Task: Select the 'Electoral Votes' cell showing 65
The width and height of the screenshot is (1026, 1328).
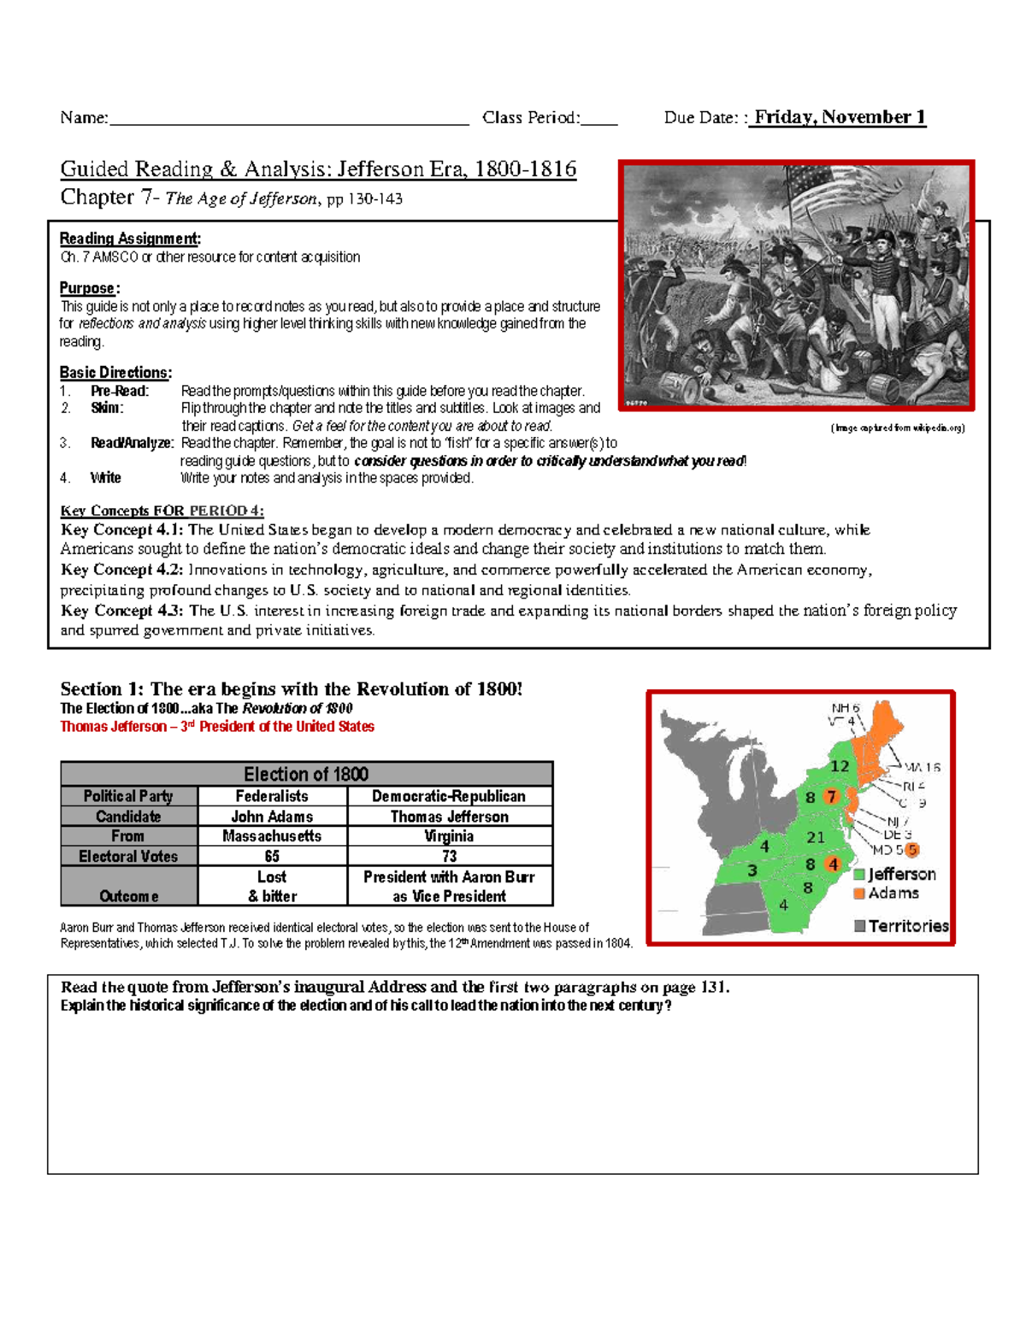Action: pos(272,856)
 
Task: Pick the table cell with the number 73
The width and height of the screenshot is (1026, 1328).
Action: pos(450,856)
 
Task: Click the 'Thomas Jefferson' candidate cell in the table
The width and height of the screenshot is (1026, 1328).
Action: pos(450,817)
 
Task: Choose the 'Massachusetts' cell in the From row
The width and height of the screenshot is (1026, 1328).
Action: pos(272,836)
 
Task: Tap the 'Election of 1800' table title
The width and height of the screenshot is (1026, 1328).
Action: pos(306,774)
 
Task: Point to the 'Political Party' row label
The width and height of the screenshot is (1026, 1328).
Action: pos(128,796)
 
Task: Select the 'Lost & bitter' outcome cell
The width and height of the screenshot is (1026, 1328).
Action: pos(272,886)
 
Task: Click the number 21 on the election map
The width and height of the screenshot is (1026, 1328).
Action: pos(816,837)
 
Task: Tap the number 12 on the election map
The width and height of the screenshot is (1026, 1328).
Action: pos(840,766)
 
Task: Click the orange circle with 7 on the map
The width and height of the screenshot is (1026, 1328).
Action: pos(831,797)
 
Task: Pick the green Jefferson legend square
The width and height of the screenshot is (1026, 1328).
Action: pos(859,875)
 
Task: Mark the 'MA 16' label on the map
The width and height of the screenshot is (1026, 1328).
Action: pos(922,768)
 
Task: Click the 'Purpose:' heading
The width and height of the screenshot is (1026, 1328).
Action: pos(90,288)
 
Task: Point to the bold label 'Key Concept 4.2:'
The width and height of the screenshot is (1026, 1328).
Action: pos(122,570)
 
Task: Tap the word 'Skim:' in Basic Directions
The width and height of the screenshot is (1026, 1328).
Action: pos(107,408)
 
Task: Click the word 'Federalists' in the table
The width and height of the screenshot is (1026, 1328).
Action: pos(272,796)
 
